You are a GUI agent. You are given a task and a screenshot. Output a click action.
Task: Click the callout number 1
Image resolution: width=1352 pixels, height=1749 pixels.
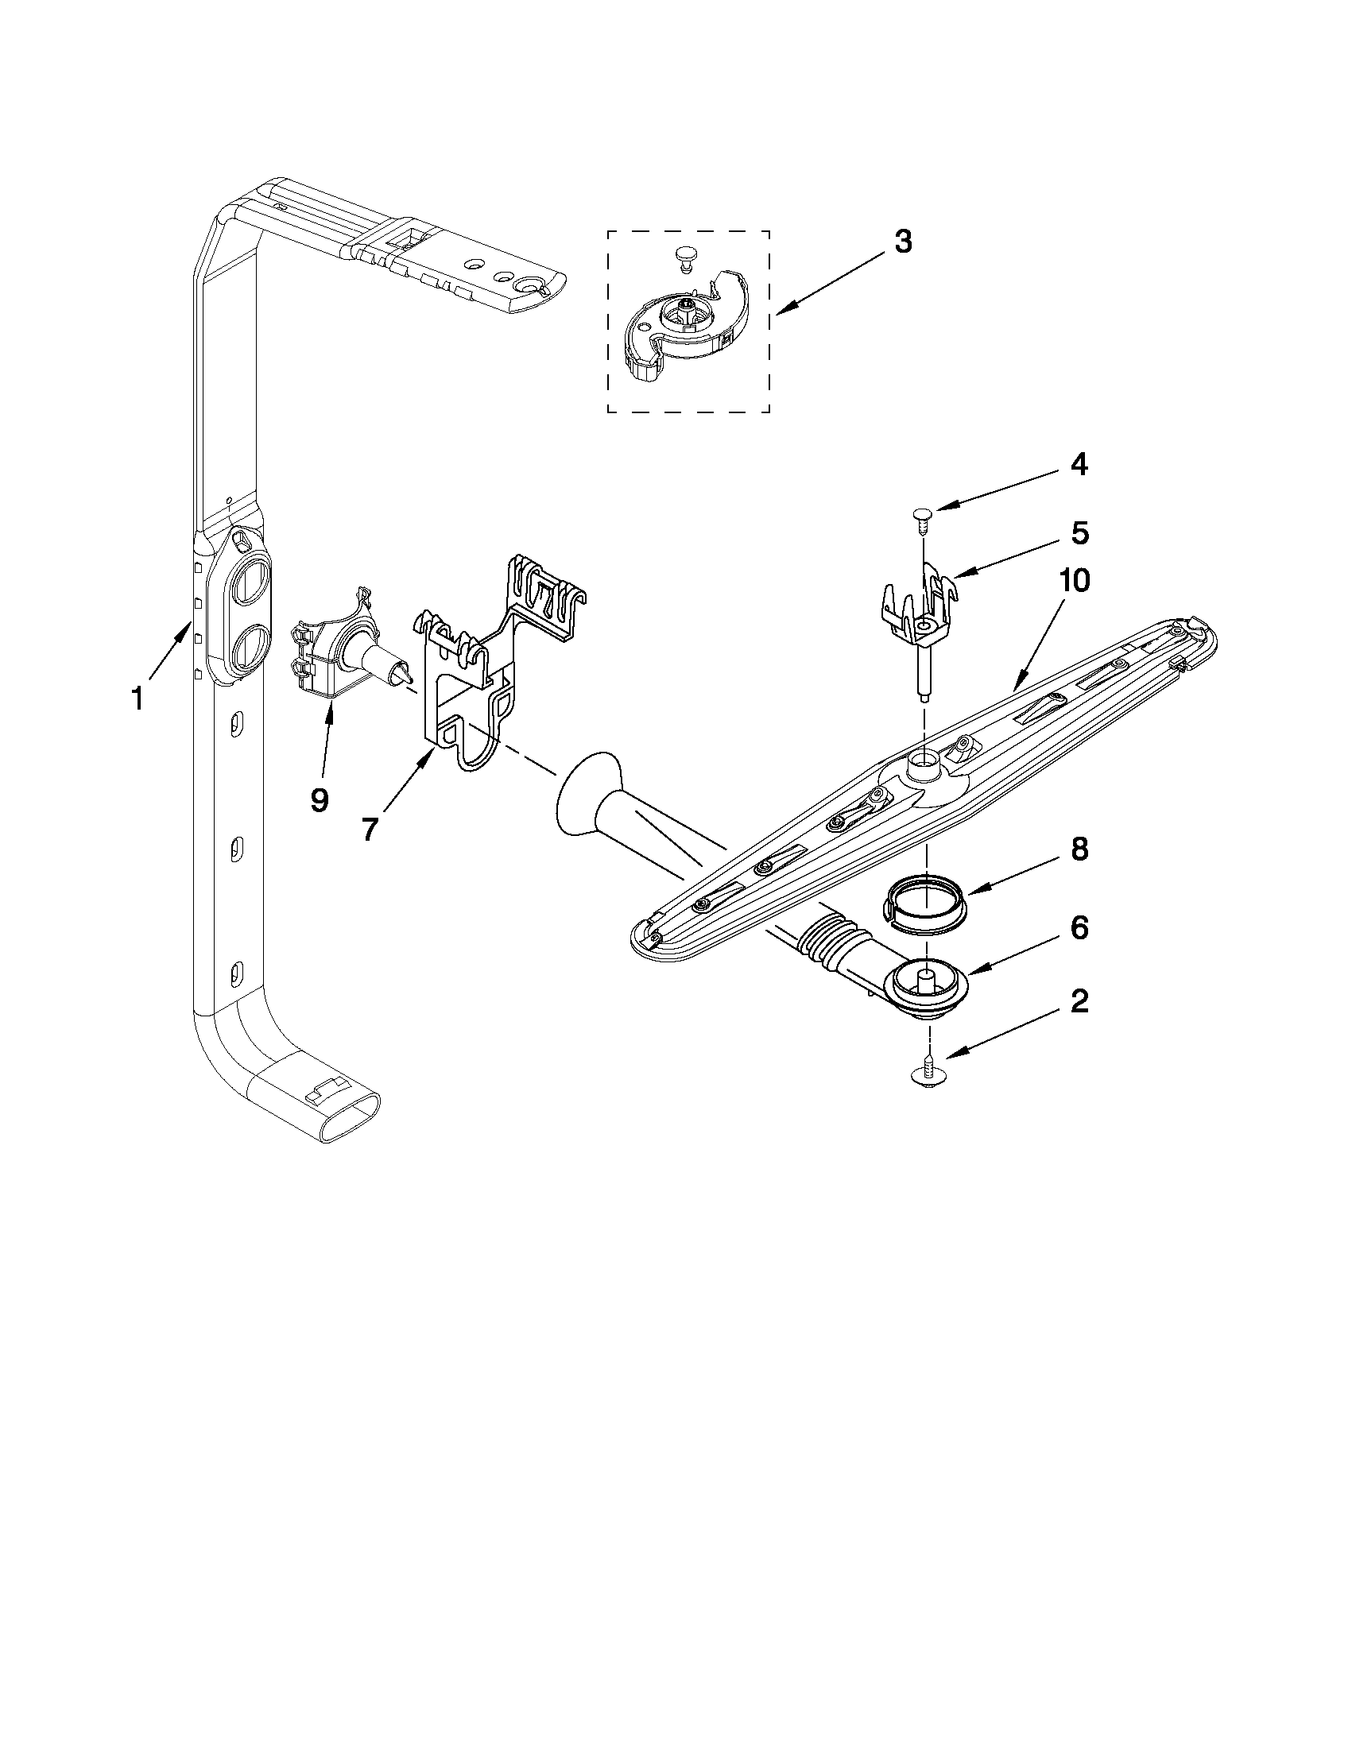137,698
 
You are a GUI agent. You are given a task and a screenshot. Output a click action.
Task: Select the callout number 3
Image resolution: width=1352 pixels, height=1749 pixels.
903,242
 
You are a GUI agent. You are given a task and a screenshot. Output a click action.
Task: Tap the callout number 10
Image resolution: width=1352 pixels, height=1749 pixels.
1075,582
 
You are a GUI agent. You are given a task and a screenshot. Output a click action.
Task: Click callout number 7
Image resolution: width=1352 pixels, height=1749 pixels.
369,830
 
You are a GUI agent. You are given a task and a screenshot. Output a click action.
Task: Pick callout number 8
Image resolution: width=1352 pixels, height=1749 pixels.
1079,849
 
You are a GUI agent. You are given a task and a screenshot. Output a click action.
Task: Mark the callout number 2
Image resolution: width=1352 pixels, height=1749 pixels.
1079,1000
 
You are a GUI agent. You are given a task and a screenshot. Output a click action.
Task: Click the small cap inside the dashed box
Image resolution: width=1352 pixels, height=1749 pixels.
683,256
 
